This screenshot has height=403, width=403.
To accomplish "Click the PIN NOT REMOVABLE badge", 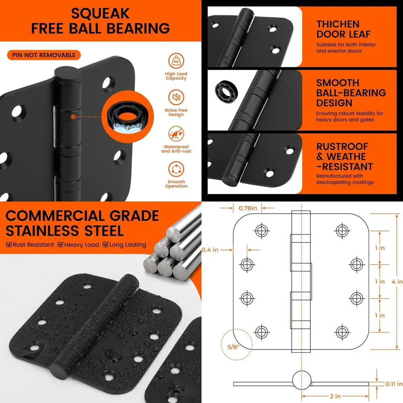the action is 44,55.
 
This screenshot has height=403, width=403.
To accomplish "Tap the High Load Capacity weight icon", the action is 176,61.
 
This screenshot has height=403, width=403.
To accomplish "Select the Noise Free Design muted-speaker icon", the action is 176,97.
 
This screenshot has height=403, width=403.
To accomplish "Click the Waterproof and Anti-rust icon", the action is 176,134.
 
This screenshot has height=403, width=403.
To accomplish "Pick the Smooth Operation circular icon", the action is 176,169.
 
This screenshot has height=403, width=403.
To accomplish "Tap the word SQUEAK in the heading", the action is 100,14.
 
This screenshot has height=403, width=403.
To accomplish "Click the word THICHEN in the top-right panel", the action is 338,24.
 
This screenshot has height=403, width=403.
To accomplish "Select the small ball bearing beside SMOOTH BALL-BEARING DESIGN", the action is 226,92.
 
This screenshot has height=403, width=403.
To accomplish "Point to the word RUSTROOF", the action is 342,147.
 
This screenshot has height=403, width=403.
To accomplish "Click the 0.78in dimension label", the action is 248,208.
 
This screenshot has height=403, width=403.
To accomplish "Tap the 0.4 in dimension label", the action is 210,250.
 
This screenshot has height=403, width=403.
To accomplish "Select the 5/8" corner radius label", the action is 233,347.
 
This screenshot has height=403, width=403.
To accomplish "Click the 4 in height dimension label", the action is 397,282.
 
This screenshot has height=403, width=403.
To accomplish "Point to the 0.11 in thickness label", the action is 394,384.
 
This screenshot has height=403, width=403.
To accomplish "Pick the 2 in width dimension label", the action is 335,397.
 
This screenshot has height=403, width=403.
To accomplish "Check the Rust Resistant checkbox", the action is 9,245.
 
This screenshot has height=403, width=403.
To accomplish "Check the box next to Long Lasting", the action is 105,245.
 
